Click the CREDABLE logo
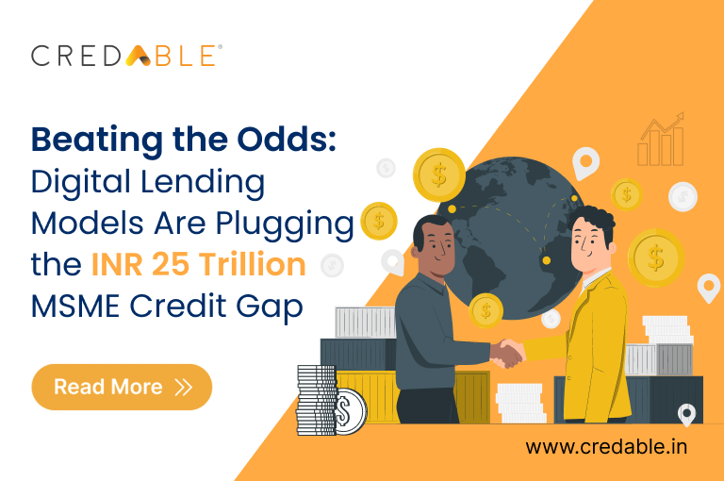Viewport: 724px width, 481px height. click(x=126, y=55)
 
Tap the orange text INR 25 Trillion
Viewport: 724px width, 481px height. click(x=198, y=264)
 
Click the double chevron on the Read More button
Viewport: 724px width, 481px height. click(x=183, y=387)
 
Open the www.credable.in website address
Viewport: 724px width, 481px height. click(x=605, y=446)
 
